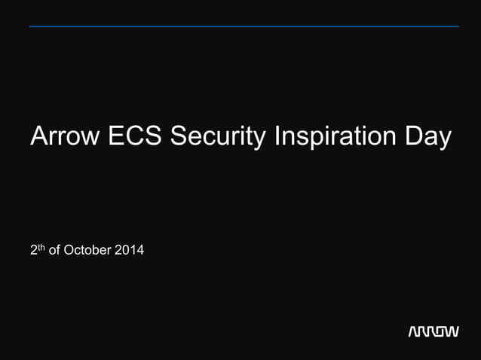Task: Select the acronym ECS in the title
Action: point(136,138)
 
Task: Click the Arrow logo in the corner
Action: point(433,332)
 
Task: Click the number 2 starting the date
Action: point(34,250)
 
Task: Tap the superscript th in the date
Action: point(41,246)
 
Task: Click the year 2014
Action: point(129,250)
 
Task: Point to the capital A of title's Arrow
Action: point(38,138)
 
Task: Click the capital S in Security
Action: point(179,138)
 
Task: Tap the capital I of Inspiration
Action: point(277,138)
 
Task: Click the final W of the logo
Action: point(451,332)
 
